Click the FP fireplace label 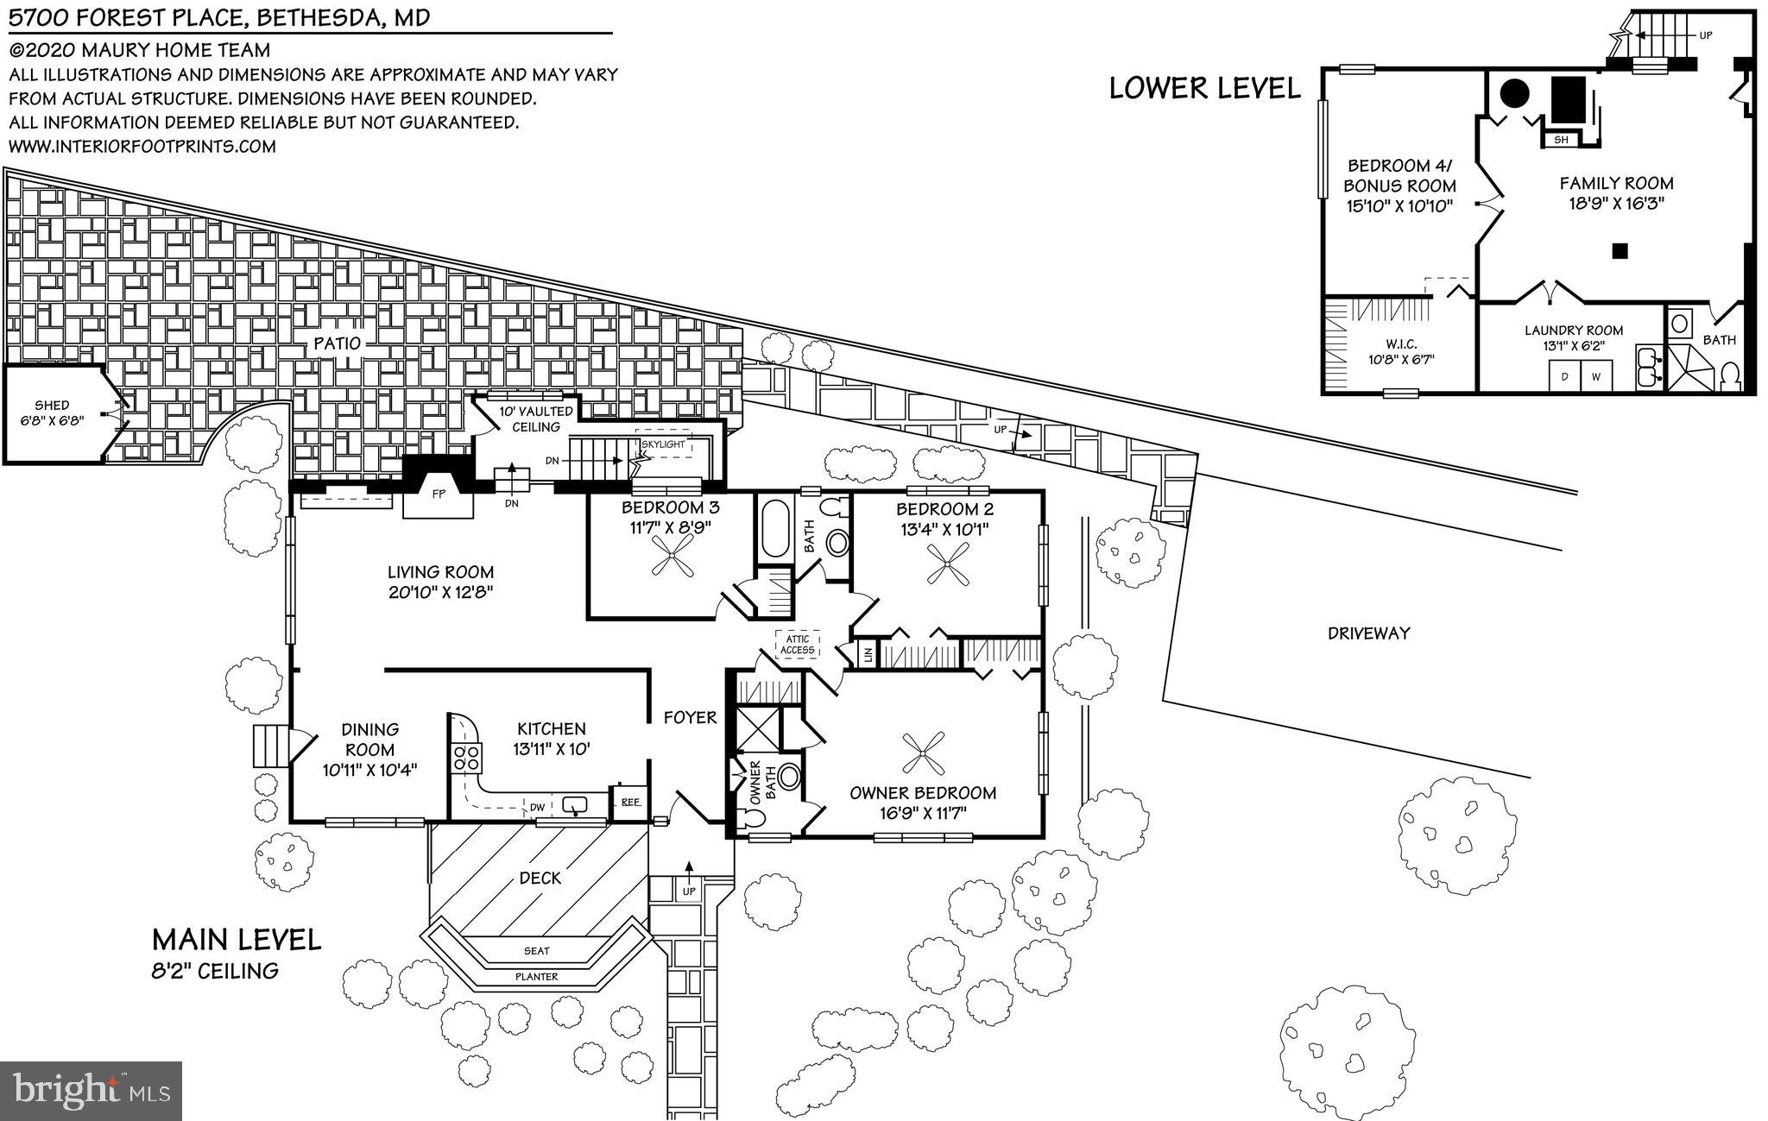tap(439, 494)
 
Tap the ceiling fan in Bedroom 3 tap(672, 556)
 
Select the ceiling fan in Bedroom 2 tap(947, 564)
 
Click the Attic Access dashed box tap(797, 645)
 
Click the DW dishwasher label tap(537, 808)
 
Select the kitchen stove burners tap(467, 758)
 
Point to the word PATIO tap(337, 343)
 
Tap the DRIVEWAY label tap(1369, 633)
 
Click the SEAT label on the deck tap(536, 950)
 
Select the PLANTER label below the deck tap(537, 976)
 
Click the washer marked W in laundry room tap(1596, 376)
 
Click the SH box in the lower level tap(1561, 139)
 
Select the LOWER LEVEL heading tap(1204, 88)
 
